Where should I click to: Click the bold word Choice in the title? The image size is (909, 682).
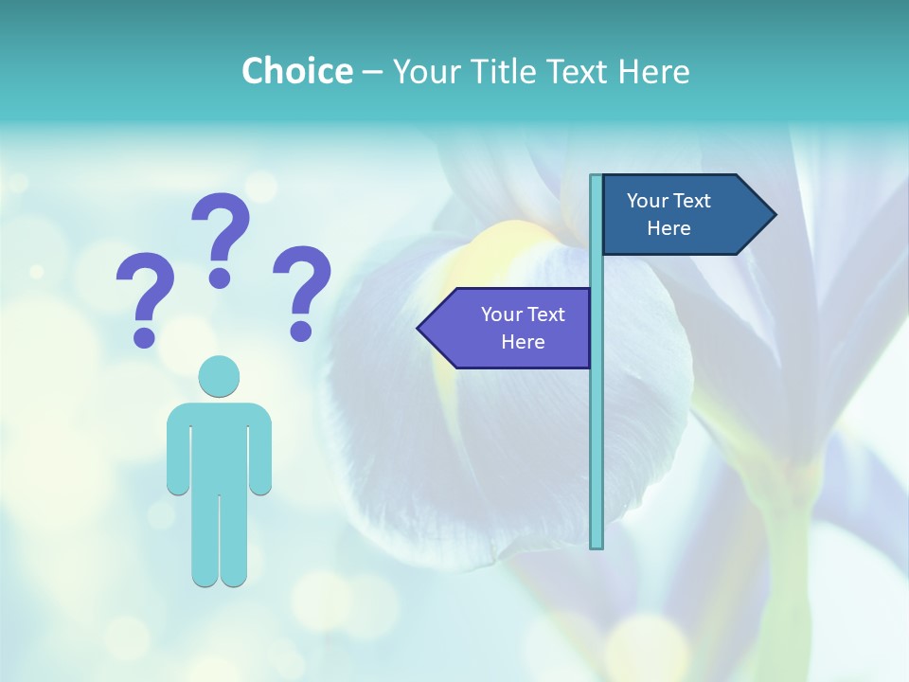coord(296,71)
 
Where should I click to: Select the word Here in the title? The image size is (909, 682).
coord(653,71)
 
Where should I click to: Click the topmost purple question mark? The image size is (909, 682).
coord(222,237)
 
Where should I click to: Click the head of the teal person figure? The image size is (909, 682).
coord(219,376)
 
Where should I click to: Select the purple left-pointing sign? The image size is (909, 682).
coord(511,328)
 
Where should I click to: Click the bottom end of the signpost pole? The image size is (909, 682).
coord(597,544)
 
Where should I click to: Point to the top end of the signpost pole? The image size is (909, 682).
coord(597,179)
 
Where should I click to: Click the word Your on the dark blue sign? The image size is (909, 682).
coord(648,201)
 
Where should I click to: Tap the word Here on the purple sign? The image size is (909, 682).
coord(523,342)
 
